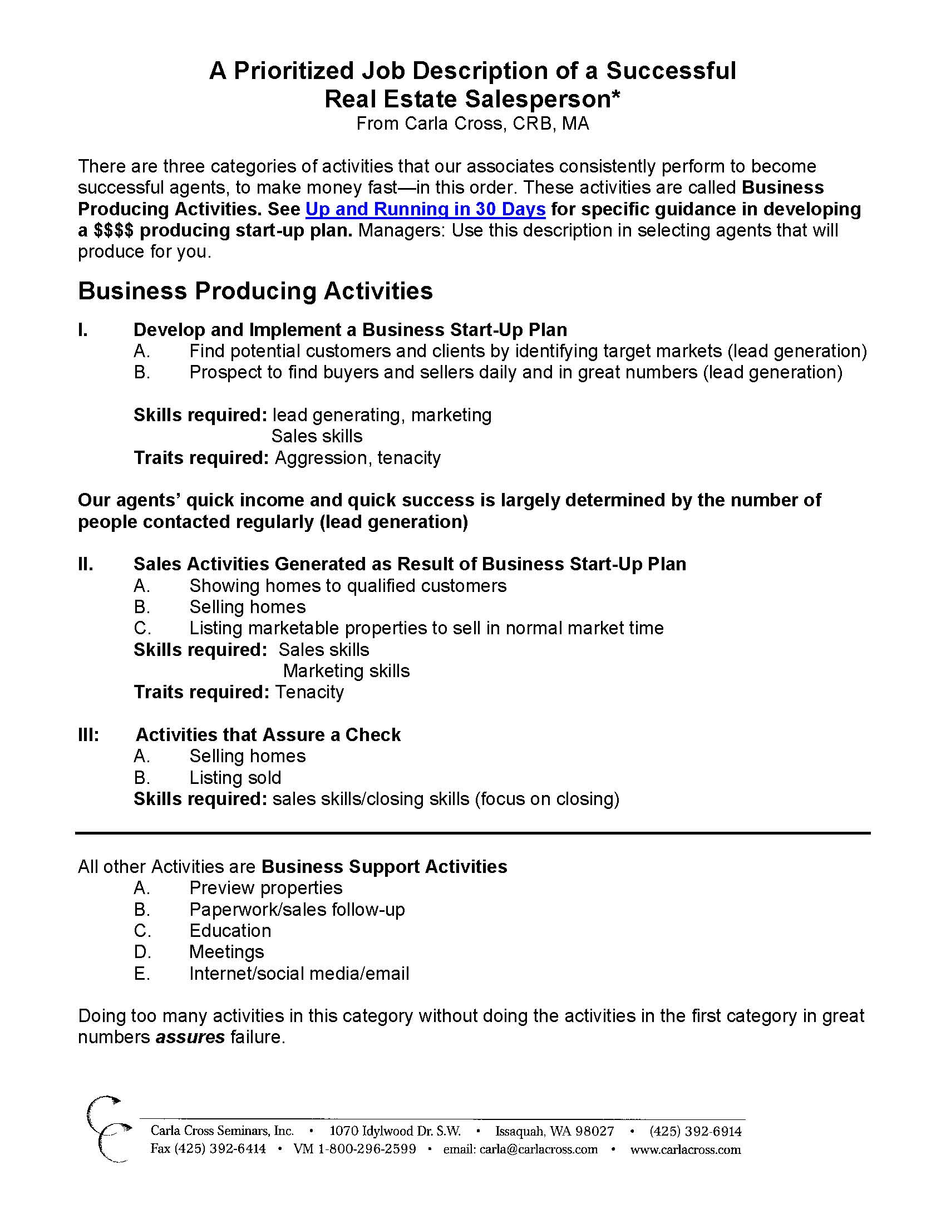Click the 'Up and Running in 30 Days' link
(425, 209)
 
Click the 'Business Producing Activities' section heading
(255, 291)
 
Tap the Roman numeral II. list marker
(86, 564)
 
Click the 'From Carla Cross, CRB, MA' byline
(472, 124)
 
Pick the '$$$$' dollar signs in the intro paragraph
(114, 230)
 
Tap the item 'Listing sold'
(235, 777)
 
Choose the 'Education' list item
(230, 931)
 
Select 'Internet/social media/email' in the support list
(299, 974)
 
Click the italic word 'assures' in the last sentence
(190, 1038)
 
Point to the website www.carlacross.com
(686, 1150)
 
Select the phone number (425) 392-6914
(696, 1132)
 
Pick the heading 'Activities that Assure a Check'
(268, 735)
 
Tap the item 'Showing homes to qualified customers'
(347, 586)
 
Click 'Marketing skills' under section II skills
(346, 671)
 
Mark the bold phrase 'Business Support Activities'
(385, 866)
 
